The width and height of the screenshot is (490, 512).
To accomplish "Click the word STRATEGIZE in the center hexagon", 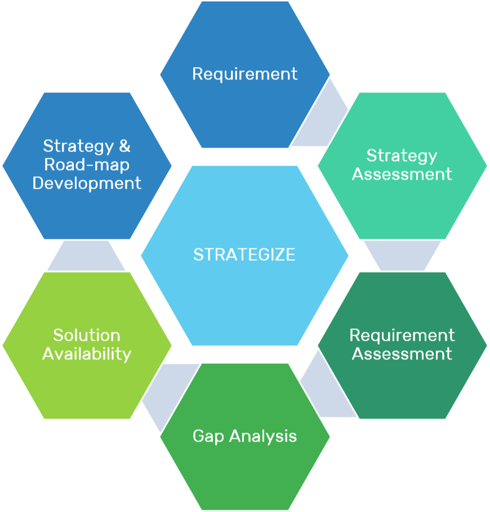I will coord(244,255).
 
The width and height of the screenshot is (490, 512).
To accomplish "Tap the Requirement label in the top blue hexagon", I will coord(244,74).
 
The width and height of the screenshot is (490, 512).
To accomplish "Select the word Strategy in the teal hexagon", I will coord(402,156).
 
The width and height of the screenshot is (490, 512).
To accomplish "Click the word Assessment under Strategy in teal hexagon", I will coord(402,174).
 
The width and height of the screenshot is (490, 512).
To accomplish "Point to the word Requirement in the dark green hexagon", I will coord(402,336).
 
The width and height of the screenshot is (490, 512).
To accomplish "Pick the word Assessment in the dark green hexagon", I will coord(402,354).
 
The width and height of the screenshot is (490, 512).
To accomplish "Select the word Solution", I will coord(87,336).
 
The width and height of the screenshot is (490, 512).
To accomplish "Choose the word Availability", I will coord(87,354).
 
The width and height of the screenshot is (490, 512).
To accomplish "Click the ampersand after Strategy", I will coord(124,146).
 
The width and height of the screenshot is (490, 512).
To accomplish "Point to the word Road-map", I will coord(87,164).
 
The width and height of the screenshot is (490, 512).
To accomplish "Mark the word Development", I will coord(87,183).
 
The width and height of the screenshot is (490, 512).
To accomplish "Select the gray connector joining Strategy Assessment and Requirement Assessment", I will coord(402,255).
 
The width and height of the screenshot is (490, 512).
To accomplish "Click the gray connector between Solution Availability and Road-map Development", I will coord(87,255).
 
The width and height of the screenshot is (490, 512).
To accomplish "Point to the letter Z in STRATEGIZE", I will coord(277,255).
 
